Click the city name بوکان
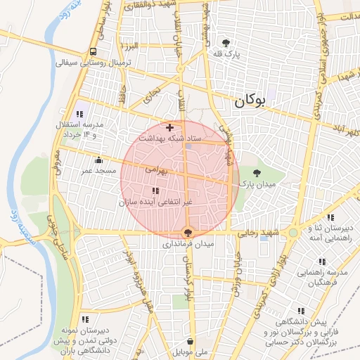(249, 101)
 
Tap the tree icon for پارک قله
(226, 42)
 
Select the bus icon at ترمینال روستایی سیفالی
(93, 51)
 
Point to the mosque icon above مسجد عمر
(98, 160)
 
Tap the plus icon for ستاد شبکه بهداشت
(169, 127)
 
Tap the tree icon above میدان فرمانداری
(187, 232)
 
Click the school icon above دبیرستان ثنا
(330, 217)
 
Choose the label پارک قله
(227, 54)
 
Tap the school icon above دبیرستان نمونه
(85, 319)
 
